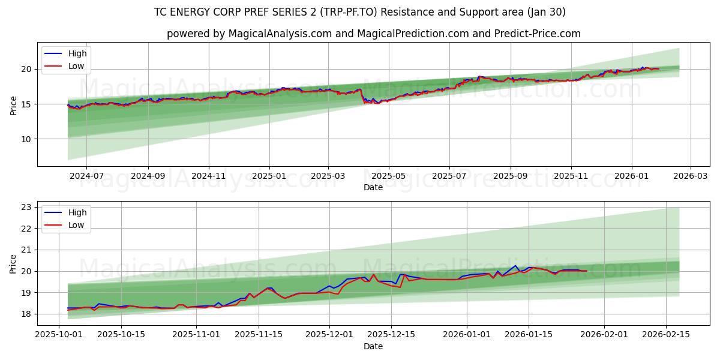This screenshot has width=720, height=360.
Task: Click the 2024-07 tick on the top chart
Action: (x=86, y=176)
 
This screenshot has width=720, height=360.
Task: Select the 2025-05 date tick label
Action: (x=389, y=176)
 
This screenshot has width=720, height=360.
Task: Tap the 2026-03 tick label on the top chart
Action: (x=690, y=176)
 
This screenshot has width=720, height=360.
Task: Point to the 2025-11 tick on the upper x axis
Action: (x=571, y=176)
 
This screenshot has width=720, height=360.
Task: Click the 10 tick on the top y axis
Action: (x=26, y=139)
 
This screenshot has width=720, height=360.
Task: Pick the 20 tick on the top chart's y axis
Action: (x=26, y=69)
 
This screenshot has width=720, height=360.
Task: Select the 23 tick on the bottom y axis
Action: (x=26, y=207)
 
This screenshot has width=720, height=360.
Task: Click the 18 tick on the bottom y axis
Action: (x=26, y=314)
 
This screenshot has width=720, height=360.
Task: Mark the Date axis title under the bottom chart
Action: (x=373, y=346)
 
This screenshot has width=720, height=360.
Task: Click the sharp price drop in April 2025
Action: (x=362, y=97)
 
